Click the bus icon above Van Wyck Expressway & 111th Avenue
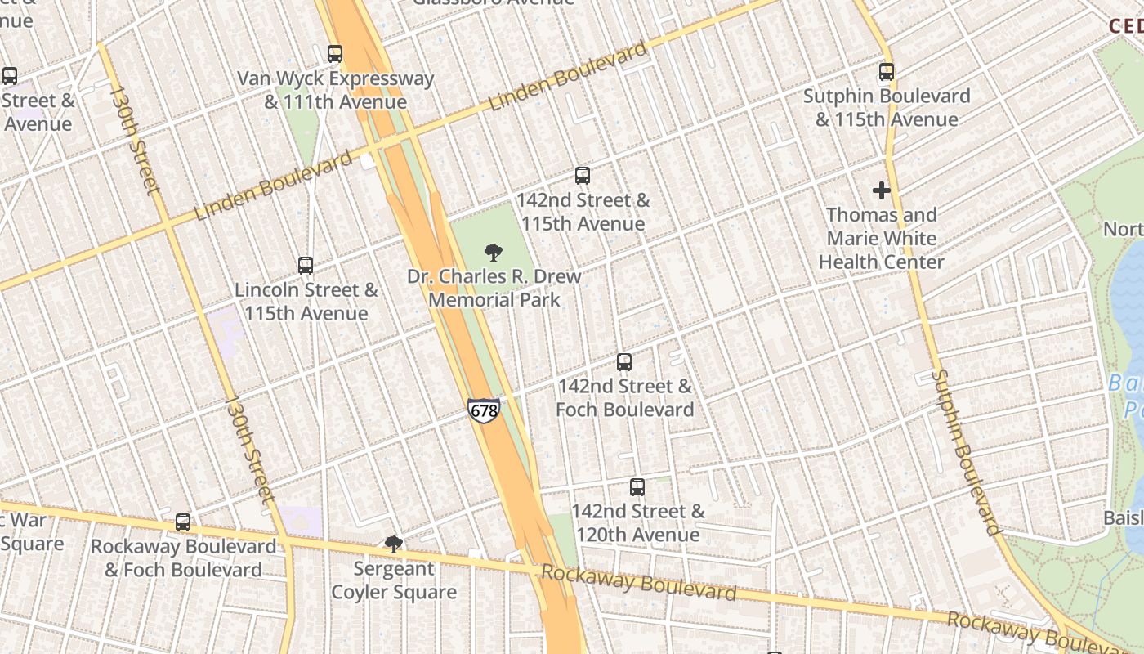[x=335, y=54]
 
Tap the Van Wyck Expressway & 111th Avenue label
[x=335, y=91]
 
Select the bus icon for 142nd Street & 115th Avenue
[x=583, y=175]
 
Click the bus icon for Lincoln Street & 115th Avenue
[x=306, y=265]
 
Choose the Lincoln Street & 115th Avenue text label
[x=306, y=302]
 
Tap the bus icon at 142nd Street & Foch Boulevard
[x=624, y=361]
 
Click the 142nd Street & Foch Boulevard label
[x=624, y=398]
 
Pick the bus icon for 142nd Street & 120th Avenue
[x=637, y=486]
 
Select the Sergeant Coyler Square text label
[x=394, y=580]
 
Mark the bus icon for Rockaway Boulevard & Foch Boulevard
[x=183, y=522]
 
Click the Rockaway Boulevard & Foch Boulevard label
[x=183, y=558]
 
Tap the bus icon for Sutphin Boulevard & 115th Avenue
[x=887, y=72]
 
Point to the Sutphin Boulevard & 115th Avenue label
[x=887, y=108]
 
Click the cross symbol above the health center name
[x=881, y=190]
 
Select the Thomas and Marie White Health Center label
[x=881, y=239]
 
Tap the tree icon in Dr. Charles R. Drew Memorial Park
[x=494, y=252]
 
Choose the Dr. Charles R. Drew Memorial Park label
[x=494, y=288]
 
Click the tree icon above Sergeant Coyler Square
[x=394, y=544]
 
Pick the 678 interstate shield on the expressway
[x=484, y=410]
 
